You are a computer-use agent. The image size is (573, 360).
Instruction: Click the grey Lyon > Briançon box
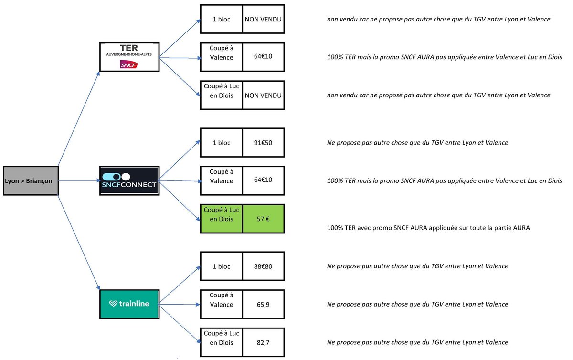[31, 180]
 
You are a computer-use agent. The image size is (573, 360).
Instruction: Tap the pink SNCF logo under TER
[128, 64]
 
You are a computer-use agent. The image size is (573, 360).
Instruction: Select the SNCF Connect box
[129, 180]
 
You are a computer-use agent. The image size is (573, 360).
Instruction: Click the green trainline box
[129, 304]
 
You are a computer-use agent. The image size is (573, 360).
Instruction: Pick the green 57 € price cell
[263, 219]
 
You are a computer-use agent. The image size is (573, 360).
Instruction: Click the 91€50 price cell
[263, 142]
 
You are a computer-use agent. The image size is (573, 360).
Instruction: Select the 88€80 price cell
[263, 266]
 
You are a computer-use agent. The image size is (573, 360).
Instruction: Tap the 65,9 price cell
[263, 304]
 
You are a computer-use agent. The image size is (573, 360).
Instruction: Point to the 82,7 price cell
[263, 342]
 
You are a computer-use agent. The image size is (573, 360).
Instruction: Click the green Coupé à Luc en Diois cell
[221, 219]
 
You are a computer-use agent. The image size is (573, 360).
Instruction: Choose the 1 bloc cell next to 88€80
[221, 266]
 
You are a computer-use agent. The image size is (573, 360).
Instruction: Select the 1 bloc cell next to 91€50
[221, 142]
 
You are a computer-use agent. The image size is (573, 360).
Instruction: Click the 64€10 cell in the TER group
[263, 57]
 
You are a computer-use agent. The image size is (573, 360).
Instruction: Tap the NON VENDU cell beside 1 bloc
[263, 19]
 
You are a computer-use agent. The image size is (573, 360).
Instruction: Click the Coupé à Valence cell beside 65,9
[221, 304]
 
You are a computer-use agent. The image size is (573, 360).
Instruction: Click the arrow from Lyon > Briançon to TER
[79, 119]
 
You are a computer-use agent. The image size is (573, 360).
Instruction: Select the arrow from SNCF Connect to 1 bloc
[180, 160]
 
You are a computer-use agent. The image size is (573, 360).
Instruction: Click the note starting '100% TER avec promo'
[428, 228]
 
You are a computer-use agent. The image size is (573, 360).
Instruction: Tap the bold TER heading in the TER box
[129, 48]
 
